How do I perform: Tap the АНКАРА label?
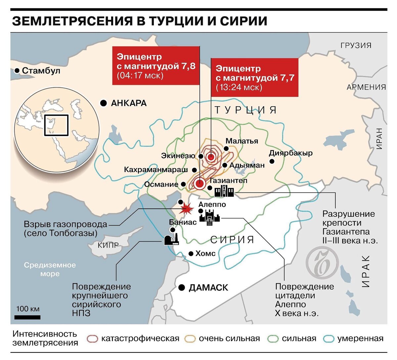pyautogui.click(x=129, y=103)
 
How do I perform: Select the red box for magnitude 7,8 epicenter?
pyautogui.click(x=156, y=66)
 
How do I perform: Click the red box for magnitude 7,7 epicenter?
pyautogui.click(x=254, y=78)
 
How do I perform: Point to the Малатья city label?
pyautogui.click(x=242, y=141)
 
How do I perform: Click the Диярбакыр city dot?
pyautogui.click(x=272, y=161)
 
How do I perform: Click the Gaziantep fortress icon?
pyautogui.click(x=224, y=191)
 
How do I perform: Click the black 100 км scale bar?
pyautogui.click(x=27, y=317)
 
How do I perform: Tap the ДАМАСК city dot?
pyautogui.click(x=181, y=288)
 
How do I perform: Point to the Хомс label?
pyautogui.click(x=205, y=254)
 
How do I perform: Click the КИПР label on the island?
pyautogui.click(x=108, y=245)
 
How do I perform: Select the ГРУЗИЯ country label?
pyautogui.click(x=356, y=45)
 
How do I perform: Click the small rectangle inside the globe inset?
pyautogui.click(x=56, y=125)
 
